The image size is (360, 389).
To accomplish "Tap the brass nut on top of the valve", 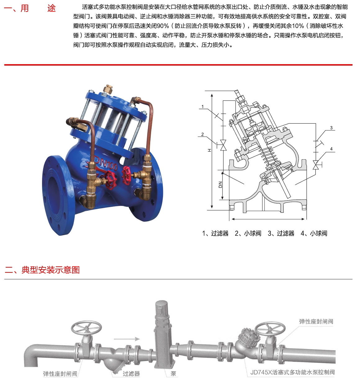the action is click(108, 89).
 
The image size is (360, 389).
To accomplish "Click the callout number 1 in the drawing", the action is click(202, 107).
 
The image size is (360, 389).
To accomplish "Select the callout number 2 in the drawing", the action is click(202, 134).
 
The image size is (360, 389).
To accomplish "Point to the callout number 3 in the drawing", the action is click(331, 128).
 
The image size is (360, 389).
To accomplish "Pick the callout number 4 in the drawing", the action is click(331, 149).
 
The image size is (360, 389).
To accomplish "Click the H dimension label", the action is click(210, 150).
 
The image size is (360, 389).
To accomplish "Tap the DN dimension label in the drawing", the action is click(220, 185).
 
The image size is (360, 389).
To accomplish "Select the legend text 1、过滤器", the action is click(215, 233).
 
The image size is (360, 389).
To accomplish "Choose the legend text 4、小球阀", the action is click(314, 233).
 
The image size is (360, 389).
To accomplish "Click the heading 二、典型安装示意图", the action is click(42, 270).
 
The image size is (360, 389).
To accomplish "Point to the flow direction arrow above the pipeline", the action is click(127, 339).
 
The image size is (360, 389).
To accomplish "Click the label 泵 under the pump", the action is click(173, 373).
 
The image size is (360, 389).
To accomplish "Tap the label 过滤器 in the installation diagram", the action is click(131, 373).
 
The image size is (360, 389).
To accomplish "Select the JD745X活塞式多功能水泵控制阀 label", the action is click(292, 372).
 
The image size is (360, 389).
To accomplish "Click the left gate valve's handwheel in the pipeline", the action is click(86, 328).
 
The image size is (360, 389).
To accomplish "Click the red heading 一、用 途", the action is click(30, 8).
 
